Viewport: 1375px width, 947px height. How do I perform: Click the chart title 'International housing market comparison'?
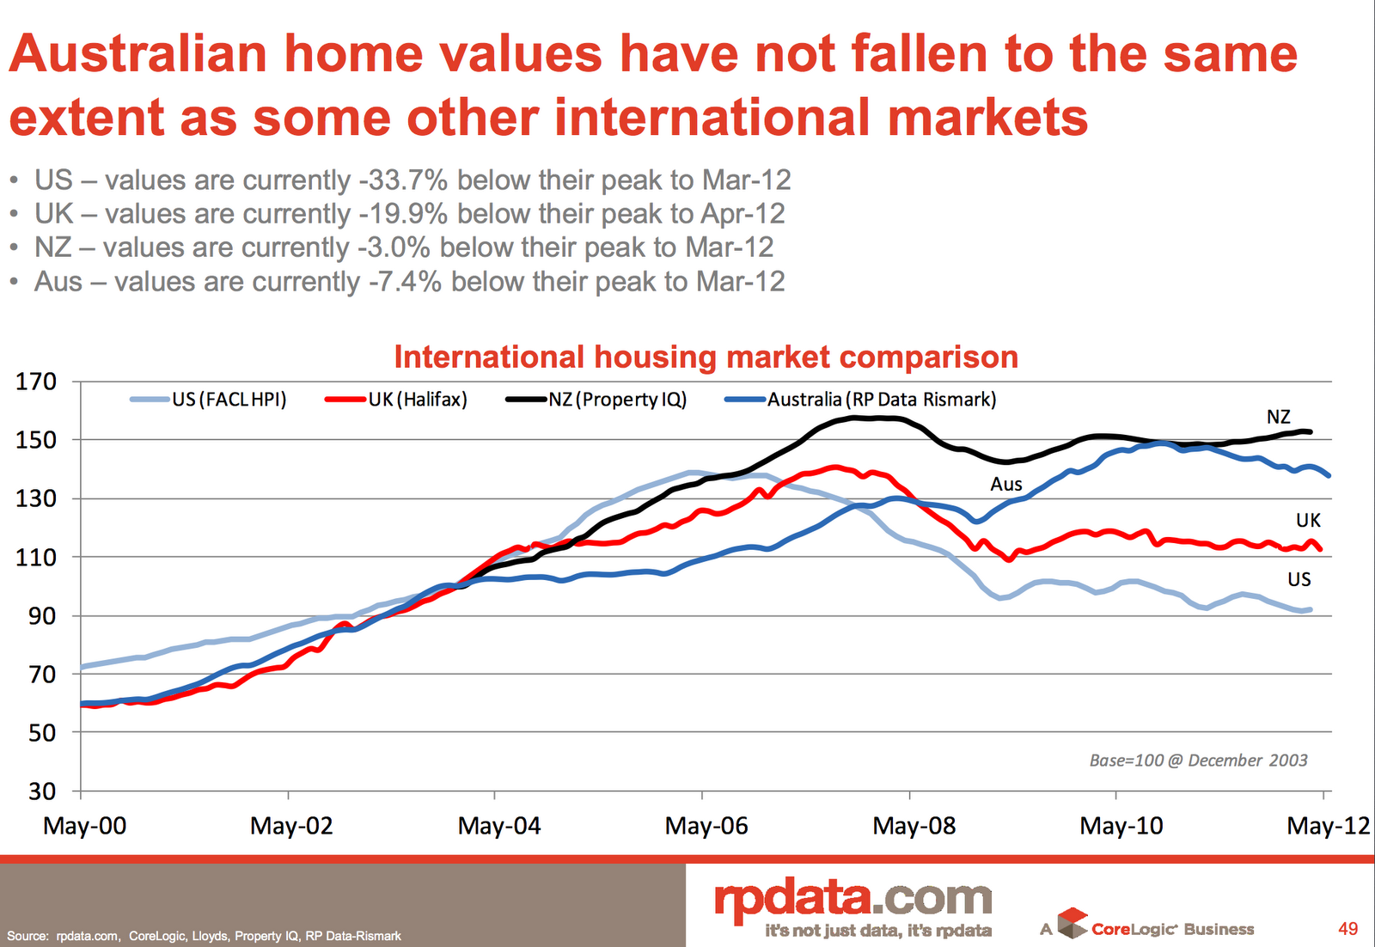click(x=706, y=357)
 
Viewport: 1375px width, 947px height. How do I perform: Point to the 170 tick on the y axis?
click(x=36, y=382)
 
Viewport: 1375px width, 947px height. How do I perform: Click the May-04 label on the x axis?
click(x=499, y=826)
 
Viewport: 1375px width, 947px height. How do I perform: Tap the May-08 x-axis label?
click(x=914, y=826)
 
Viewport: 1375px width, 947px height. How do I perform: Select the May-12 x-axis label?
click(x=1328, y=826)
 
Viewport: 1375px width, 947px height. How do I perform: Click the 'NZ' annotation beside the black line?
click(x=1278, y=418)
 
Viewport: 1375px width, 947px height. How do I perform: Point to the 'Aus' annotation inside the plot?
click(x=1005, y=485)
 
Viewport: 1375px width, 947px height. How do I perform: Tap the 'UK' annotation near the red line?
click(x=1308, y=521)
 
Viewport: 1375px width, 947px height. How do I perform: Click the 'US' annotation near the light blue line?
click(x=1299, y=580)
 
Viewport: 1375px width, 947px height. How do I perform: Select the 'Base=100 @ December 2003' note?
click(x=1198, y=761)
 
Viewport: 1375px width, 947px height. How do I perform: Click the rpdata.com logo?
click(x=852, y=899)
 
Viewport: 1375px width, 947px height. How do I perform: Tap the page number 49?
click(x=1347, y=929)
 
